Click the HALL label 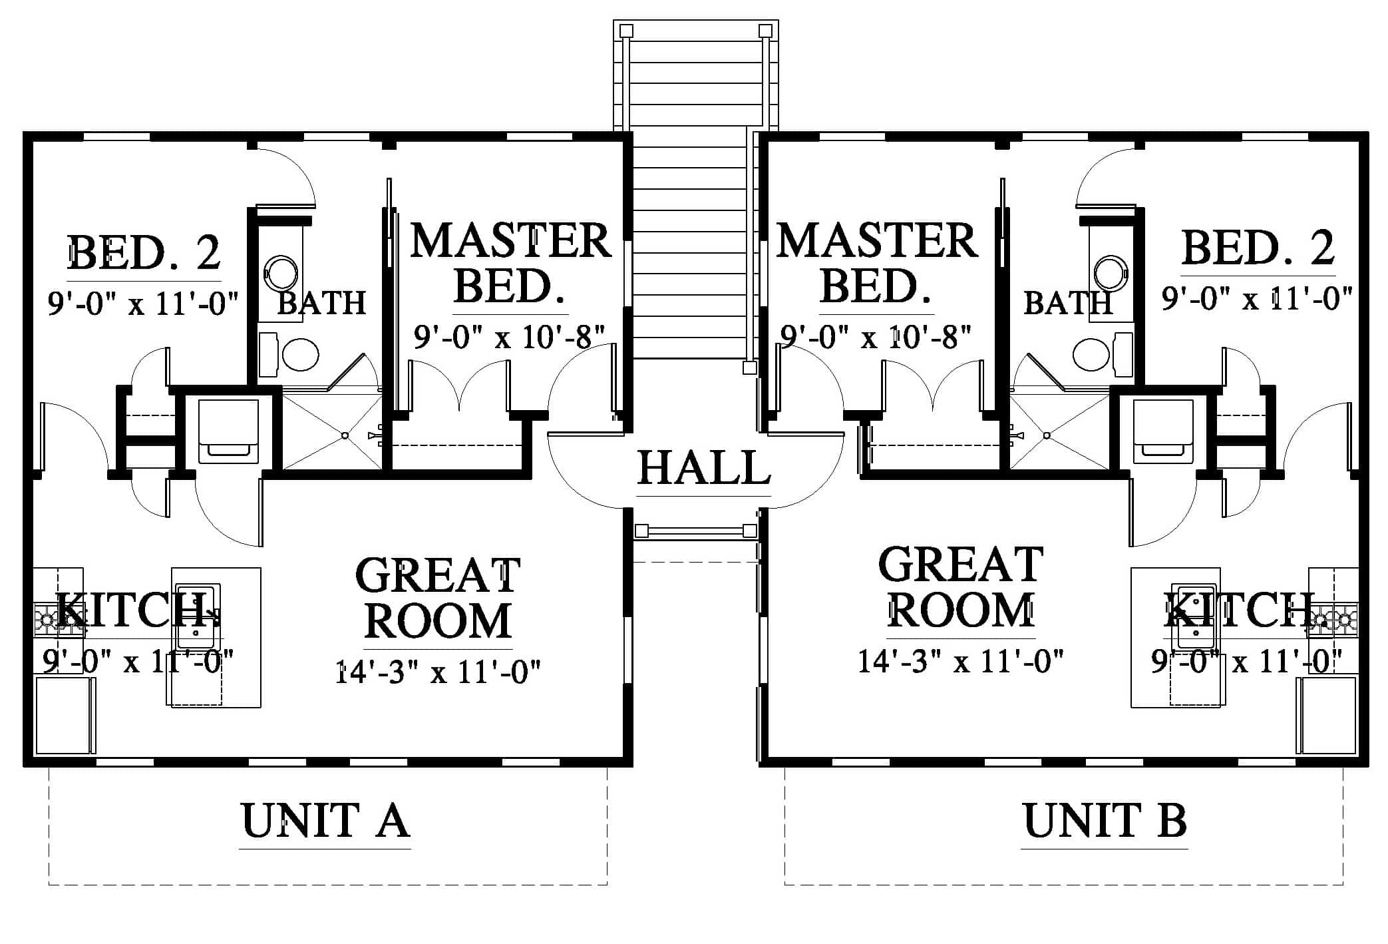(x=704, y=468)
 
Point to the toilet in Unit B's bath (x=1102, y=354)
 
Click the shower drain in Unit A (x=345, y=435)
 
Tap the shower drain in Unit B (x=1047, y=435)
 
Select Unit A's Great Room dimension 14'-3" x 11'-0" (x=437, y=671)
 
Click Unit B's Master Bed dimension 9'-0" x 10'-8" (x=876, y=337)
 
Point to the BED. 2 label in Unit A (x=144, y=252)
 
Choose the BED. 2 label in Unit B (x=1258, y=248)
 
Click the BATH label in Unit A (x=321, y=303)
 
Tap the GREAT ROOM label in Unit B (x=961, y=587)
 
